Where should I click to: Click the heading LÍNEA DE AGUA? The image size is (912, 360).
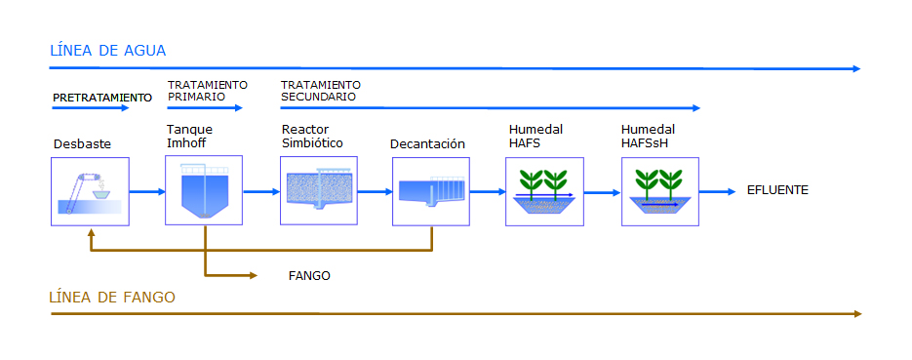click(x=108, y=51)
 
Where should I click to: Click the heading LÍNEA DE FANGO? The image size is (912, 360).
click(x=112, y=298)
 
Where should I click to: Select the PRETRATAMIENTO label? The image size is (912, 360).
click(x=102, y=98)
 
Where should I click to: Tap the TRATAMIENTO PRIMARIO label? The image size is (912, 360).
click(x=207, y=91)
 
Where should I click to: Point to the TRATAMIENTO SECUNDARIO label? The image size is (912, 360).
click(x=321, y=91)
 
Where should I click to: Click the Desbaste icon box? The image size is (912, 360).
click(x=90, y=192)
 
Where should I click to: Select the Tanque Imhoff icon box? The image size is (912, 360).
click(x=204, y=190)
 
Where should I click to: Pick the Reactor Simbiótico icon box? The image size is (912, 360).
click(x=319, y=190)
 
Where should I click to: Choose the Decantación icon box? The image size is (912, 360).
click(x=430, y=192)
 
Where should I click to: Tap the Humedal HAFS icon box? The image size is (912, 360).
click(x=544, y=191)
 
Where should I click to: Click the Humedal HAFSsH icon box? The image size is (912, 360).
click(x=660, y=191)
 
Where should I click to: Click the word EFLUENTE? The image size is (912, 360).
click(x=777, y=190)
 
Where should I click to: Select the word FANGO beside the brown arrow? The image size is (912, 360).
click(x=309, y=276)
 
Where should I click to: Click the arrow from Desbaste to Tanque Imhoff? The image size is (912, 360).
click(x=147, y=191)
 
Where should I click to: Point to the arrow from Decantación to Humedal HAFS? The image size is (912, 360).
click(x=488, y=191)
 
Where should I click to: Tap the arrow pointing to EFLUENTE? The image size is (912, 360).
click(x=717, y=191)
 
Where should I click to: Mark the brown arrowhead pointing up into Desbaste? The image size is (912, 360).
click(x=90, y=232)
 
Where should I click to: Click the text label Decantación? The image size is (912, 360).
click(x=427, y=144)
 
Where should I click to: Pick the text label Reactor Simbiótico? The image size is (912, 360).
click(x=312, y=136)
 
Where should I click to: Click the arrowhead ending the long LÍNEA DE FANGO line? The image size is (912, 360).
click(x=856, y=314)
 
